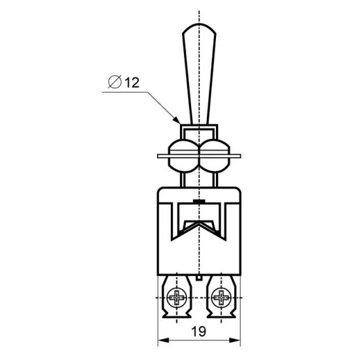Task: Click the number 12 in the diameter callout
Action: click(x=132, y=82)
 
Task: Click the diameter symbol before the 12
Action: click(x=115, y=82)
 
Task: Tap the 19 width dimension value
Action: click(x=199, y=331)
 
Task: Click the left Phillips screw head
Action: click(x=177, y=298)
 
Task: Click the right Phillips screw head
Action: click(x=221, y=298)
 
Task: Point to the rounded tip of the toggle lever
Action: click(x=199, y=26)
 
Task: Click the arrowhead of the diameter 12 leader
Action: click(x=176, y=120)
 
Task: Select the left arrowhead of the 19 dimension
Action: click(x=164, y=340)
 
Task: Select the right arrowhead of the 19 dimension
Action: click(x=234, y=340)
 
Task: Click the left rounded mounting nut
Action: click(x=183, y=156)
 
